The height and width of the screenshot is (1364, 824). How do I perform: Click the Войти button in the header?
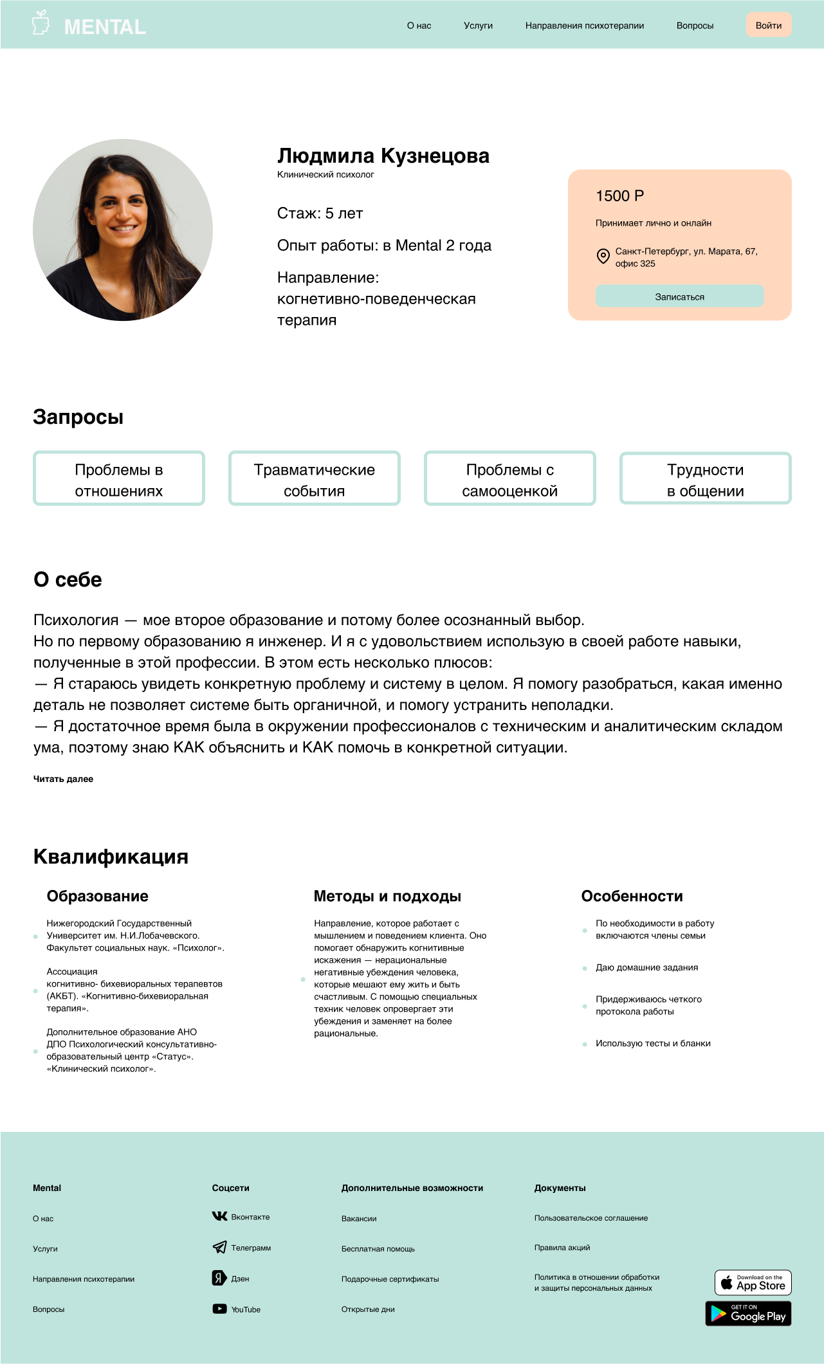(768, 25)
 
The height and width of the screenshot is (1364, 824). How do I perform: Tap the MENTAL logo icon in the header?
(41, 23)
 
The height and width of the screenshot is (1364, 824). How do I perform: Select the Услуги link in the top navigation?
(478, 26)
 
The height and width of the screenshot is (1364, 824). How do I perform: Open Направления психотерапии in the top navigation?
(584, 26)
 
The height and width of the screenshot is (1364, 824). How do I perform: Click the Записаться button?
(679, 296)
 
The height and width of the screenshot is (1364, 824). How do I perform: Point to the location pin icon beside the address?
(603, 256)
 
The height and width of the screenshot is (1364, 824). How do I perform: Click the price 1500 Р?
(619, 196)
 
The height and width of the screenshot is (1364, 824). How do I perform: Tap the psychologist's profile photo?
(123, 230)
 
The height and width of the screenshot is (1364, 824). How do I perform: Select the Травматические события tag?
(314, 480)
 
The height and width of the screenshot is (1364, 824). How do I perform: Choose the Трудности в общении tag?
(705, 480)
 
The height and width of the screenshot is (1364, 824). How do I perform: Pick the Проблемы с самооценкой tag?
(509, 480)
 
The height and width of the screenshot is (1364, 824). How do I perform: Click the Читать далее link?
(63, 779)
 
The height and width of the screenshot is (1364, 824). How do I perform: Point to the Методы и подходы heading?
(387, 896)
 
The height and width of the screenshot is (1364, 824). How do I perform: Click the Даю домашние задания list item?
(646, 967)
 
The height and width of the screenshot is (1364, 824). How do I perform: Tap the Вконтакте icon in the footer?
(219, 1216)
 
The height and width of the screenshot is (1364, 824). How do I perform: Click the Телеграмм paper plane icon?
(219, 1247)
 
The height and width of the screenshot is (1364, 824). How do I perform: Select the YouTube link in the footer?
(246, 1309)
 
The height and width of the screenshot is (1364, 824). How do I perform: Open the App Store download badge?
(753, 1283)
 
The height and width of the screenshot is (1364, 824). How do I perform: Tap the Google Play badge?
(748, 1314)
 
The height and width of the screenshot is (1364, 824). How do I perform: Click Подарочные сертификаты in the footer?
(390, 1279)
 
